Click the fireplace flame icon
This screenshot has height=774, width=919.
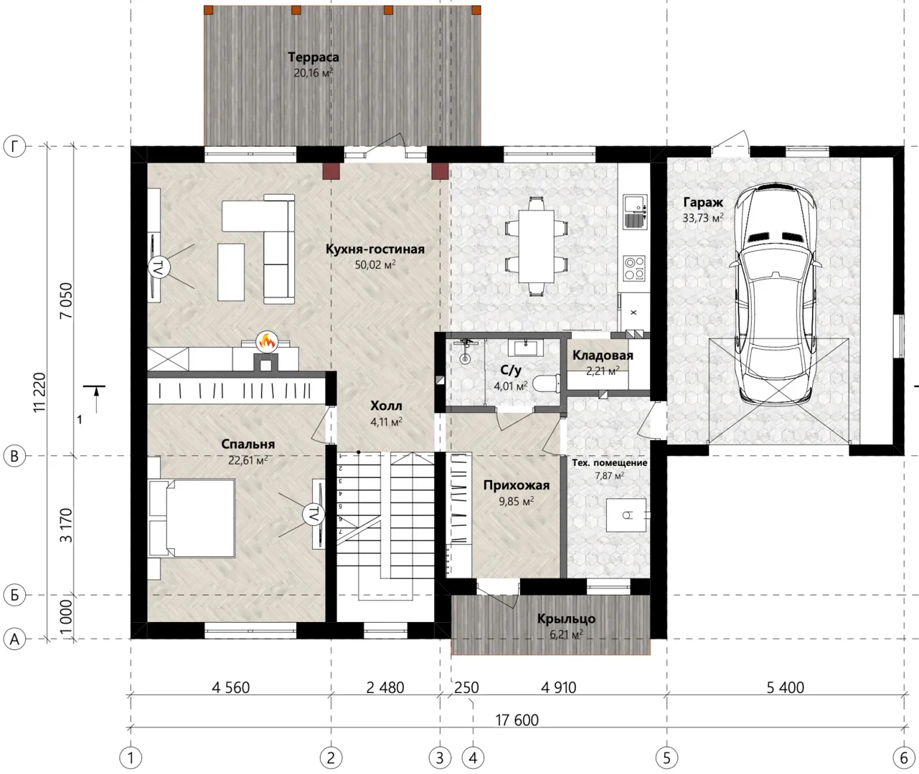pos(267,341)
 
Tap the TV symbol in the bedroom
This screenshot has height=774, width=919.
pos(314,514)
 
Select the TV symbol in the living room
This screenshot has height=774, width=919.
pos(159,267)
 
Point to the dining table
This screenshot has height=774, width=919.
pos(536,247)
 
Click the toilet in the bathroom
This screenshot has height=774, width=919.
pos(546,383)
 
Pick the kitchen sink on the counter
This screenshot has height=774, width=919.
pos(635,212)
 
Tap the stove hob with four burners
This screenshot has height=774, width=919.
pos(634,268)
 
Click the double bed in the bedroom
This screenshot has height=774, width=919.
pos(192,518)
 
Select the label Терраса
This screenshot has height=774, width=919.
pos(314,57)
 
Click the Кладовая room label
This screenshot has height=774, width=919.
pos(603,355)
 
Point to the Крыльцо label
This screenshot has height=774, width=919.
pos(566,618)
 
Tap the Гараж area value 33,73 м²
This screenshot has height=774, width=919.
pos(703,218)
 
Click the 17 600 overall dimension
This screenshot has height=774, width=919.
pos(517,720)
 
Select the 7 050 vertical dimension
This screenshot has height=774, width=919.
pos(65,300)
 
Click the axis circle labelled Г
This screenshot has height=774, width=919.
pos(14,146)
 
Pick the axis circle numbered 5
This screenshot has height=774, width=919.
pos(666,758)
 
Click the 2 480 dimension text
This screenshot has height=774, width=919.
pos(385,687)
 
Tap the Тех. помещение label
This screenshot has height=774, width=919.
pos(609,463)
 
